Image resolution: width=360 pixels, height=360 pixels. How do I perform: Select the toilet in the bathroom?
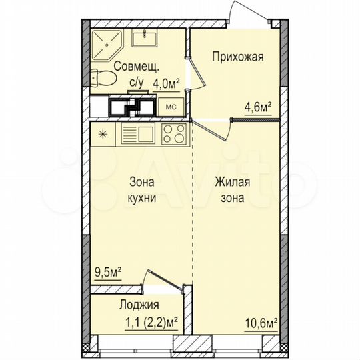click(x=101, y=78)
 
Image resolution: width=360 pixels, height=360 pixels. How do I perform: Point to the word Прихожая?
click(x=237, y=57)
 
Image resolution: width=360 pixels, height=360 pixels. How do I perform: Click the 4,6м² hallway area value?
click(x=259, y=105)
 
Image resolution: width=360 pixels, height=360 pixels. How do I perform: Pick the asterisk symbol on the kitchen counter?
click(x=102, y=133)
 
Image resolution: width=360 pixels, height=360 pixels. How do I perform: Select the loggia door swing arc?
click(x=163, y=277)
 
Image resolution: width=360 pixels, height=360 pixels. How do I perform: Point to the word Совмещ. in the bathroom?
click(x=136, y=66)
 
